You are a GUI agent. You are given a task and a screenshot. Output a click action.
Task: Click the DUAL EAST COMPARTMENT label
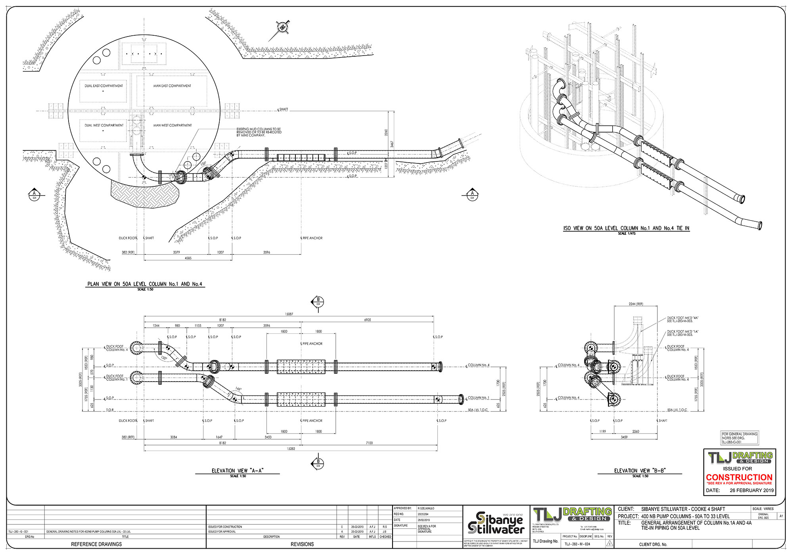[x=103, y=86]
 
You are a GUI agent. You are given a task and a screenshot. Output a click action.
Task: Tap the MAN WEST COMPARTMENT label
[x=172, y=125]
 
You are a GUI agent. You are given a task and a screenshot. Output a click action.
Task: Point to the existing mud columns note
[x=259, y=132]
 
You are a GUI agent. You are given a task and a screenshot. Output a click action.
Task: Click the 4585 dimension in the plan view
[x=188, y=258]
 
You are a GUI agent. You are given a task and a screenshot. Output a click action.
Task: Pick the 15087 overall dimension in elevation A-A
[x=289, y=314]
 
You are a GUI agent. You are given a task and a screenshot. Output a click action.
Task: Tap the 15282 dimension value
[x=291, y=449]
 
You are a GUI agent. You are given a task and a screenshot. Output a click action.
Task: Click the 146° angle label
[x=238, y=389]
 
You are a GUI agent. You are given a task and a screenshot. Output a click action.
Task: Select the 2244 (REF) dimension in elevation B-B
[x=636, y=304]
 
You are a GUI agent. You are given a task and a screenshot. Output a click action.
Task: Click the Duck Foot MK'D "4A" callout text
[x=682, y=319]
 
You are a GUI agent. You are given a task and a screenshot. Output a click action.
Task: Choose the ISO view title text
[x=626, y=228]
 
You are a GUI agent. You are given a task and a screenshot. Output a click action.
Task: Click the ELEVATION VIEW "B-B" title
[x=640, y=471]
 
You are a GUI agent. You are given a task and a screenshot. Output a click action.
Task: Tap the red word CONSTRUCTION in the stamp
[x=739, y=477]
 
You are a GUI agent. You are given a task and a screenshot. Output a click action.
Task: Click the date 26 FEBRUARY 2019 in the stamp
[x=751, y=490]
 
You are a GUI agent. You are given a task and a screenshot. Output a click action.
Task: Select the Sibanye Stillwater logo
[x=496, y=523]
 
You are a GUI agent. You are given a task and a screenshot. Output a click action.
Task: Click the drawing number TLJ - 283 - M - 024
[x=577, y=544]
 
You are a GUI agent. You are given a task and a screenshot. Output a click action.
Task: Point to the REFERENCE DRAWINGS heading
[x=96, y=544]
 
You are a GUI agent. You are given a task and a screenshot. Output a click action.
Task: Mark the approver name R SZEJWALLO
[x=426, y=508]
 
